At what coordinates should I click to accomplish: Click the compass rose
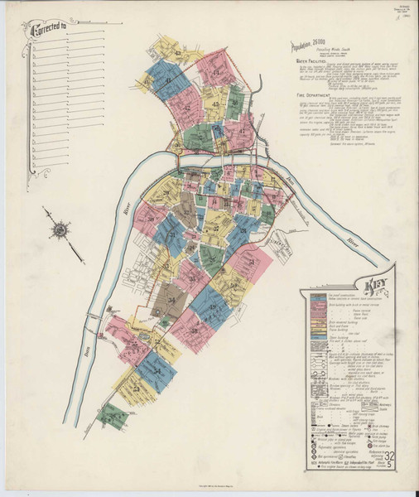(x=60, y=229)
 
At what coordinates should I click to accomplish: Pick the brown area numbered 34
(x=172, y=298)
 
